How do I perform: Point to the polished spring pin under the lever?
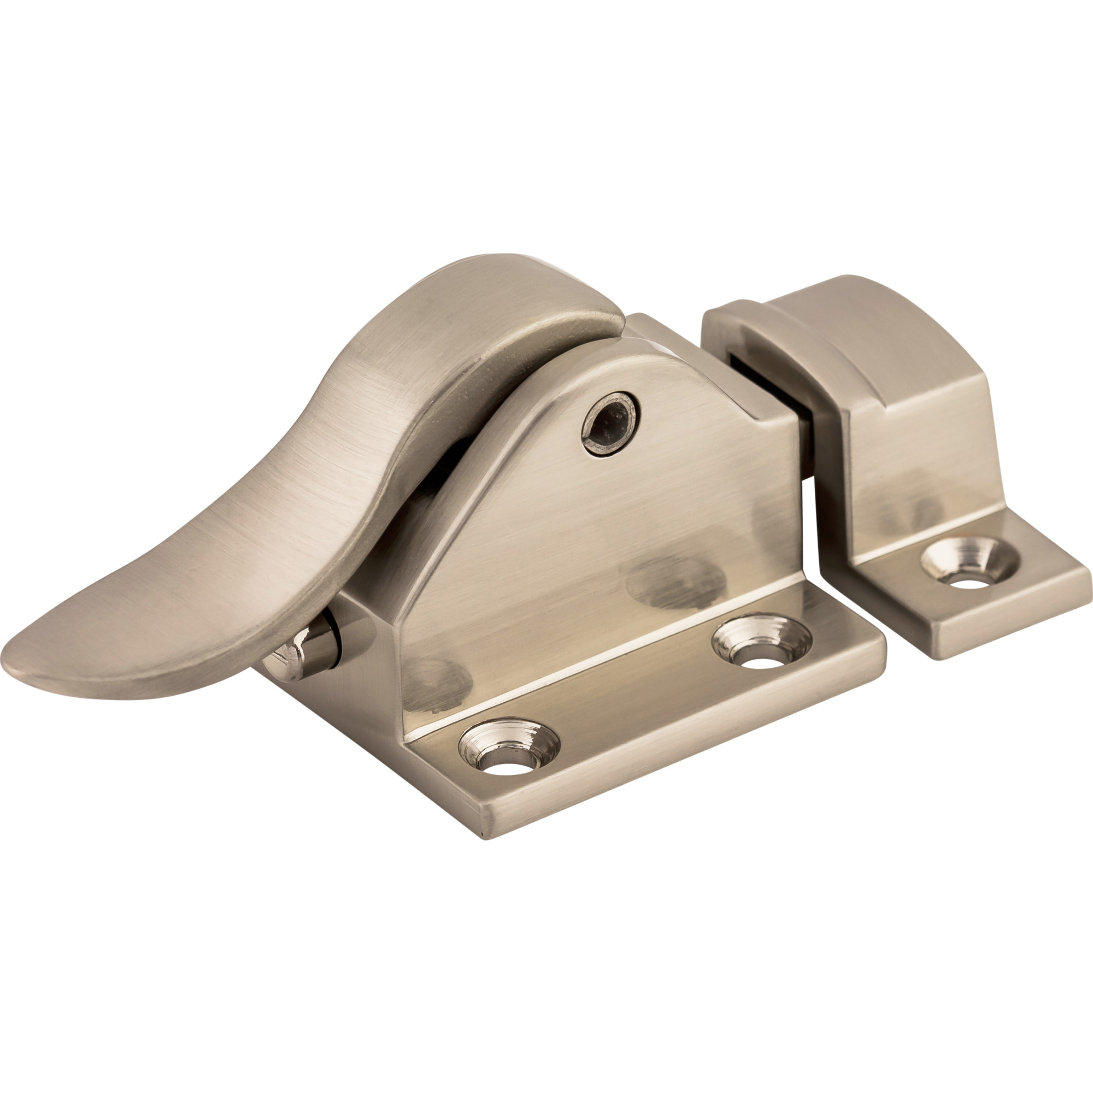click(x=303, y=649)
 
